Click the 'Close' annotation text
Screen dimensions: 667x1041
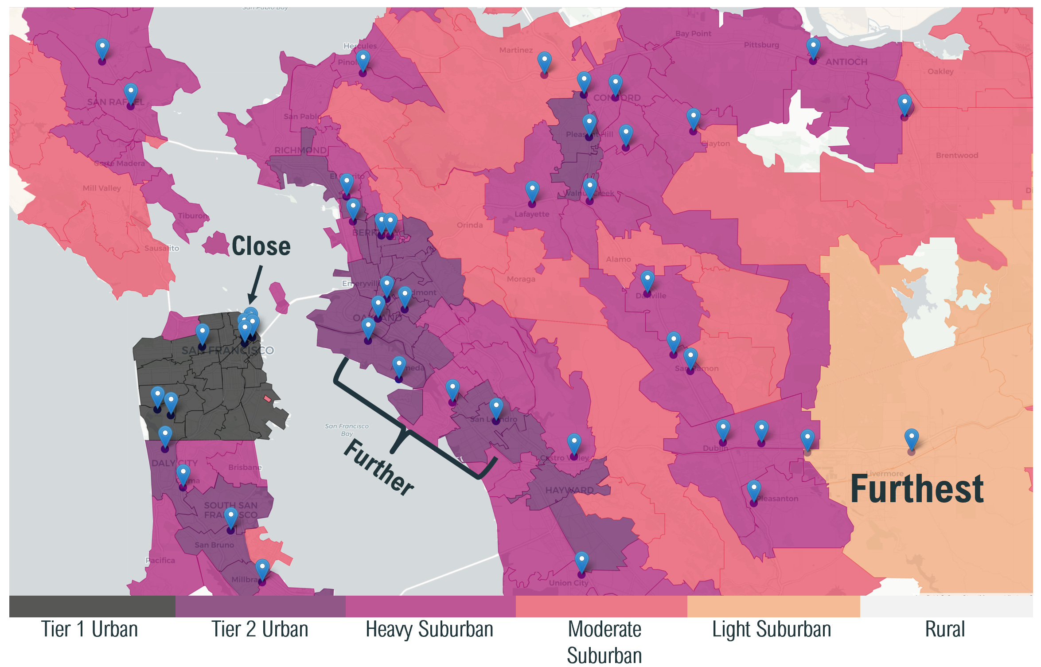pos(261,246)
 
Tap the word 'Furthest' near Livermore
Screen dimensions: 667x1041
pos(916,489)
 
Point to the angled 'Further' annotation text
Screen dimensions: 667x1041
pos(379,468)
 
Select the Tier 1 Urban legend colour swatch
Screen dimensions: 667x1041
pos(92,606)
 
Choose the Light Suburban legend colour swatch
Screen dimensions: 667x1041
pos(773,606)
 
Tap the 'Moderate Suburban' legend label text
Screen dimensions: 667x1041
pos(604,642)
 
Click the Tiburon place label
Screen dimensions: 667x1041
pos(192,216)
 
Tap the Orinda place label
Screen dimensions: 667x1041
pos(470,225)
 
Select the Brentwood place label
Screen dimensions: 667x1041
pos(957,156)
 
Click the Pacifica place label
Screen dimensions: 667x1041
pos(160,561)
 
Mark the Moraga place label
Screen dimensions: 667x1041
pos(521,279)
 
